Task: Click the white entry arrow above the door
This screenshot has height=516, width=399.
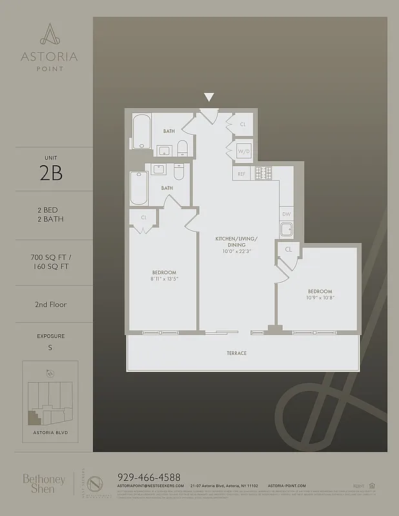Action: pyautogui.click(x=209, y=97)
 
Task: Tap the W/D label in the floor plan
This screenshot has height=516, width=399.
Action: pyautogui.click(x=243, y=152)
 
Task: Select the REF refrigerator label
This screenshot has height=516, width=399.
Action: pyautogui.click(x=242, y=174)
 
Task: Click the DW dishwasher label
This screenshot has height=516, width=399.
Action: pyautogui.click(x=286, y=214)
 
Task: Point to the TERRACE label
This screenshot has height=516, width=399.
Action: pyautogui.click(x=236, y=353)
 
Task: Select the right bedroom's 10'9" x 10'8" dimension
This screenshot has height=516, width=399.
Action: pyautogui.click(x=320, y=298)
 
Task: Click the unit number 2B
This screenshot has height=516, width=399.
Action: pyautogui.click(x=50, y=174)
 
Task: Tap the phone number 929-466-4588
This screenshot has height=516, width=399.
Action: pyautogui.click(x=148, y=477)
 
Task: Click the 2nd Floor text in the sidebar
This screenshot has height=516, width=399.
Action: pyautogui.click(x=52, y=304)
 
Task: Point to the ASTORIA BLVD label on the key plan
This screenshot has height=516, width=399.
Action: pyautogui.click(x=50, y=432)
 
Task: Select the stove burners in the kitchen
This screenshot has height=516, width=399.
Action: pyautogui.click(x=262, y=173)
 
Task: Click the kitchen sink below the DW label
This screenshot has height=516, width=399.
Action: pyautogui.click(x=287, y=230)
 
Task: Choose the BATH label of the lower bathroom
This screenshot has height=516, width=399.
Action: pyautogui.click(x=167, y=188)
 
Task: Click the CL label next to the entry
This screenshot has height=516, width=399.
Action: pyautogui.click(x=243, y=124)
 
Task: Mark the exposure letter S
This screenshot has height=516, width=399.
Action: pyautogui.click(x=50, y=349)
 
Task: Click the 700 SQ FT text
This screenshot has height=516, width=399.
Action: pyautogui.click(x=50, y=257)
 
